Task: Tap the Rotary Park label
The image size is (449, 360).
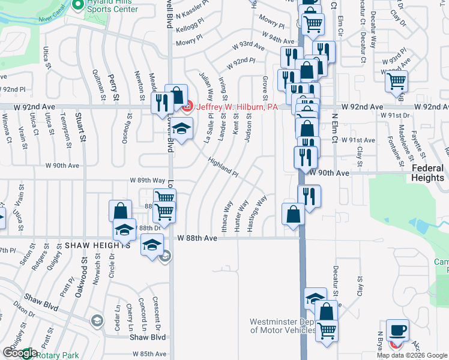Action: point(57,355)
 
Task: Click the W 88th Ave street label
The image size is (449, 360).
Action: point(197,238)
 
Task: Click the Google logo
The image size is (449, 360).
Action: point(20,353)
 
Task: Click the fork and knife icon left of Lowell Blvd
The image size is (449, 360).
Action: point(161,103)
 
